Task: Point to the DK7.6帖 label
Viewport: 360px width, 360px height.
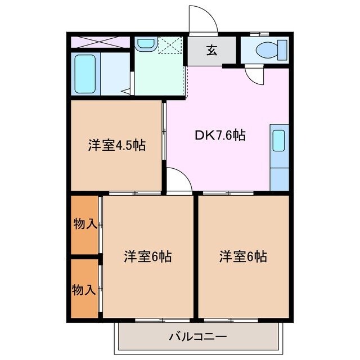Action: point(219,135)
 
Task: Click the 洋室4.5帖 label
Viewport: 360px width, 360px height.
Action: point(116,146)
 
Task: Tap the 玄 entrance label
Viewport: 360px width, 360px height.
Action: point(211,51)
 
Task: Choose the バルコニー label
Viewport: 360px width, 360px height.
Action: point(197,337)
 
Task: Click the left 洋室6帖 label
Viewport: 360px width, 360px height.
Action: point(147,256)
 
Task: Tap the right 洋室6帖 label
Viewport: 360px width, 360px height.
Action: point(243,256)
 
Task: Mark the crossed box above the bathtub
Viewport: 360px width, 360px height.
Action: point(100,43)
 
